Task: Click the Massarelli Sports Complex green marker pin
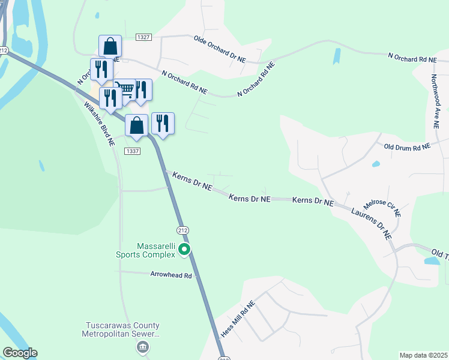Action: tap(185, 250)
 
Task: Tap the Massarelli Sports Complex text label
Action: tap(147, 250)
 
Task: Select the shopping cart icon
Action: tap(124, 90)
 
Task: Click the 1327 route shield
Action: tap(143, 37)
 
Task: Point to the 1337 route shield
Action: tap(133, 151)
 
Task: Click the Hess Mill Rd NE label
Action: tap(238, 318)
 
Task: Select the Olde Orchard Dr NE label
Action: tap(220, 49)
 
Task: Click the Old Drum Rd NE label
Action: tap(407, 146)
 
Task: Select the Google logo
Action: tap(20, 353)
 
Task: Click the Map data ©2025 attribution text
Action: tap(423, 355)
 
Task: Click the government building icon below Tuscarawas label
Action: tap(142, 347)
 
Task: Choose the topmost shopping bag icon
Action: tap(110, 46)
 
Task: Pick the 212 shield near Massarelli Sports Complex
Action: tap(181, 230)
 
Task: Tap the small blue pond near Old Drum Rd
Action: tap(376, 164)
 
